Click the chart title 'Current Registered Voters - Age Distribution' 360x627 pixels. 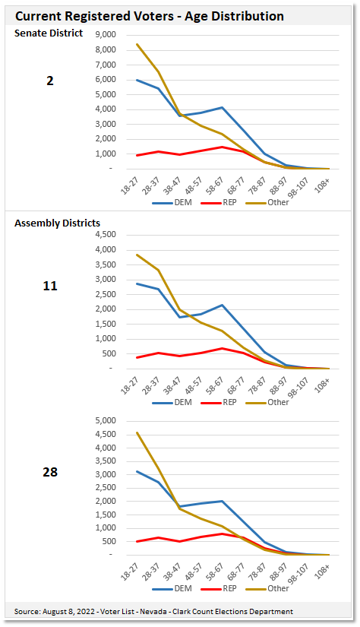[150, 15]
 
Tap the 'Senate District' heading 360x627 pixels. [49, 33]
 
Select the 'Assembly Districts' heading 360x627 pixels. [57, 223]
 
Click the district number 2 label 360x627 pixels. [50, 80]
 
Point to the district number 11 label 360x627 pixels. [50, 286]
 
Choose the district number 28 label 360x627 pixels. [50, 472]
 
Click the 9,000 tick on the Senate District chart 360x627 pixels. [106, 35]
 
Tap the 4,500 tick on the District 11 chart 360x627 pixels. [106, 235]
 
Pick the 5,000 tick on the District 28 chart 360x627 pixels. [106, 421]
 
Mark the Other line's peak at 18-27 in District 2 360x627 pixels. [137, 44]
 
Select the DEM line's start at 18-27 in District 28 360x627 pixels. [137, 471]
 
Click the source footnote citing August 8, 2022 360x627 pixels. [153, 612]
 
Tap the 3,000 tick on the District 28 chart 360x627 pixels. [106, 474]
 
